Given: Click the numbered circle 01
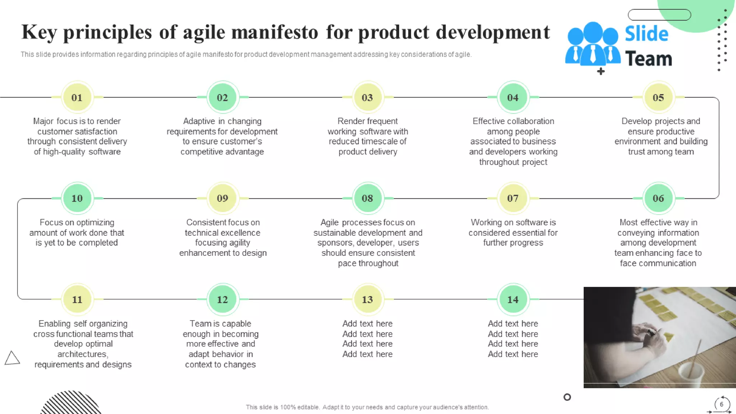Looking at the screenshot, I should click(77, 97).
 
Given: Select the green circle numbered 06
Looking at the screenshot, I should click(658, 198).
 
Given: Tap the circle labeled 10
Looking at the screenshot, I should click(77, 198).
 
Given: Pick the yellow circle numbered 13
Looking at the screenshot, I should click(367, 299).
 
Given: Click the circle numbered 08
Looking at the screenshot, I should click(367, 198).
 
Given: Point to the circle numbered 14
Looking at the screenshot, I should click(513, 299).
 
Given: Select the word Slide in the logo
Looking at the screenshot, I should click(647, 34).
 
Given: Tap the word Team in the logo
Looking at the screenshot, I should click(648, 59).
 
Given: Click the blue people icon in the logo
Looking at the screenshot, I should click(593, 45).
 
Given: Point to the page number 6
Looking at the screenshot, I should click(721, 404).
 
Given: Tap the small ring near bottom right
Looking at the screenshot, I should click(567, 397).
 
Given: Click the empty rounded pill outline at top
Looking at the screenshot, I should click(659, 15).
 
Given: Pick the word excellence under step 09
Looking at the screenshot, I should click(241, 233).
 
